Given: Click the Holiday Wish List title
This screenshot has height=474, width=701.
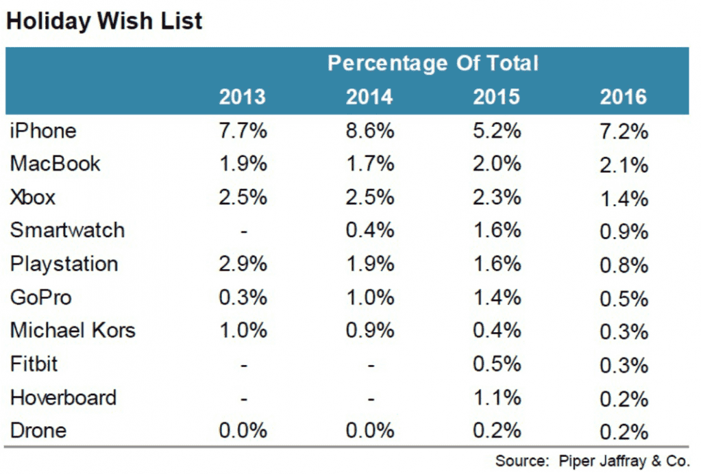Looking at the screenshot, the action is pos(104,21).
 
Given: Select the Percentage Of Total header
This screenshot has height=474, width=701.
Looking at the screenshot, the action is pos(433,64).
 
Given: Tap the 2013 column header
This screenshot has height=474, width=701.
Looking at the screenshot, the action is pos(243,97).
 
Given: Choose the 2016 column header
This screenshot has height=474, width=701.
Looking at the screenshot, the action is pos(623,97).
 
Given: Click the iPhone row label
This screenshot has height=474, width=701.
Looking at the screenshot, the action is pos(43,131).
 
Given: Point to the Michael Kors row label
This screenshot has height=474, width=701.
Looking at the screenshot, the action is pos(73,331).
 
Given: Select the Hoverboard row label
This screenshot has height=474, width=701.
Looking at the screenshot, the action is pos(63,397).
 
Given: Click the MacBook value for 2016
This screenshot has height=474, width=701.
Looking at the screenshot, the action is pos(624,166).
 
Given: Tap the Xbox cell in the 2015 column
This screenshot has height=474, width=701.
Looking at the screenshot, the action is pos(497,197).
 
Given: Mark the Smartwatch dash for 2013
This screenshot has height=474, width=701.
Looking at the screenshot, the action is pos(244,232).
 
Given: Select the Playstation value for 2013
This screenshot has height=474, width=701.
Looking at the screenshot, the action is pos(243,264).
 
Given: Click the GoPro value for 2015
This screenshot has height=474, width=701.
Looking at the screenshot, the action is pos(497,297).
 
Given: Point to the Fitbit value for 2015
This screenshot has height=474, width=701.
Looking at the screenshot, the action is pos(497,364).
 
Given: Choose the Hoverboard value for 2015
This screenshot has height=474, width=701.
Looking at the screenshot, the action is pos(497,397).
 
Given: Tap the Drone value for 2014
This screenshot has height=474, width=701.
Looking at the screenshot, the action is pos(370,431).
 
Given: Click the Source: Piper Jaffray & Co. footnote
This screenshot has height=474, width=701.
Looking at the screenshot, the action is pos(592,460).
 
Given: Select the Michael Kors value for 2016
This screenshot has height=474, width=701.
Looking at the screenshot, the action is pos(624,332).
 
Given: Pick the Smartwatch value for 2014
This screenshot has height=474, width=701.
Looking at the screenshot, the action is pos(370,231).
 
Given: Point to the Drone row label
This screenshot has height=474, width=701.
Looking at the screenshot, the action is pos(38,431).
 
